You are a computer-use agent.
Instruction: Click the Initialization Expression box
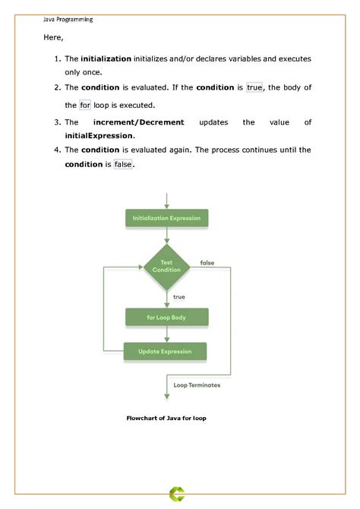(x=166, y=219)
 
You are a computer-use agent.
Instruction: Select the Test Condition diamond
(x=166, y=266)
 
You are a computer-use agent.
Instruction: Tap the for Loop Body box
(x=166, y=316)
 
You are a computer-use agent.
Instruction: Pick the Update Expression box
(x=166, y=352)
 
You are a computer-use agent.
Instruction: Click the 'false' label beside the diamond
(x=207, y=263)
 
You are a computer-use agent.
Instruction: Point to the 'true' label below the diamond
(x=179, y=296)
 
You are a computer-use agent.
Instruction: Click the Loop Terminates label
(x=197, y=385)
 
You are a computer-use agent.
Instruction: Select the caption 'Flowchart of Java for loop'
(x=166, y=418)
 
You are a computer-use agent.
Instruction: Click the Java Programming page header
(x=68, y=20)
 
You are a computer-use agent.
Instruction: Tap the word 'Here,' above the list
(x=52, y=37)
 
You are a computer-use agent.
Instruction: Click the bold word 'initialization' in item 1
(x=106, y=58)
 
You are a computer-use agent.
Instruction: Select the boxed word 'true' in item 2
(x=254, y=88)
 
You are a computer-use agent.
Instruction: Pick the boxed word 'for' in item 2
(x=84, y=106)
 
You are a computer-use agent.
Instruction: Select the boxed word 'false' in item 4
(x=122, y=164)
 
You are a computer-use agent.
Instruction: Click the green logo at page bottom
(x=179, y=495)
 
